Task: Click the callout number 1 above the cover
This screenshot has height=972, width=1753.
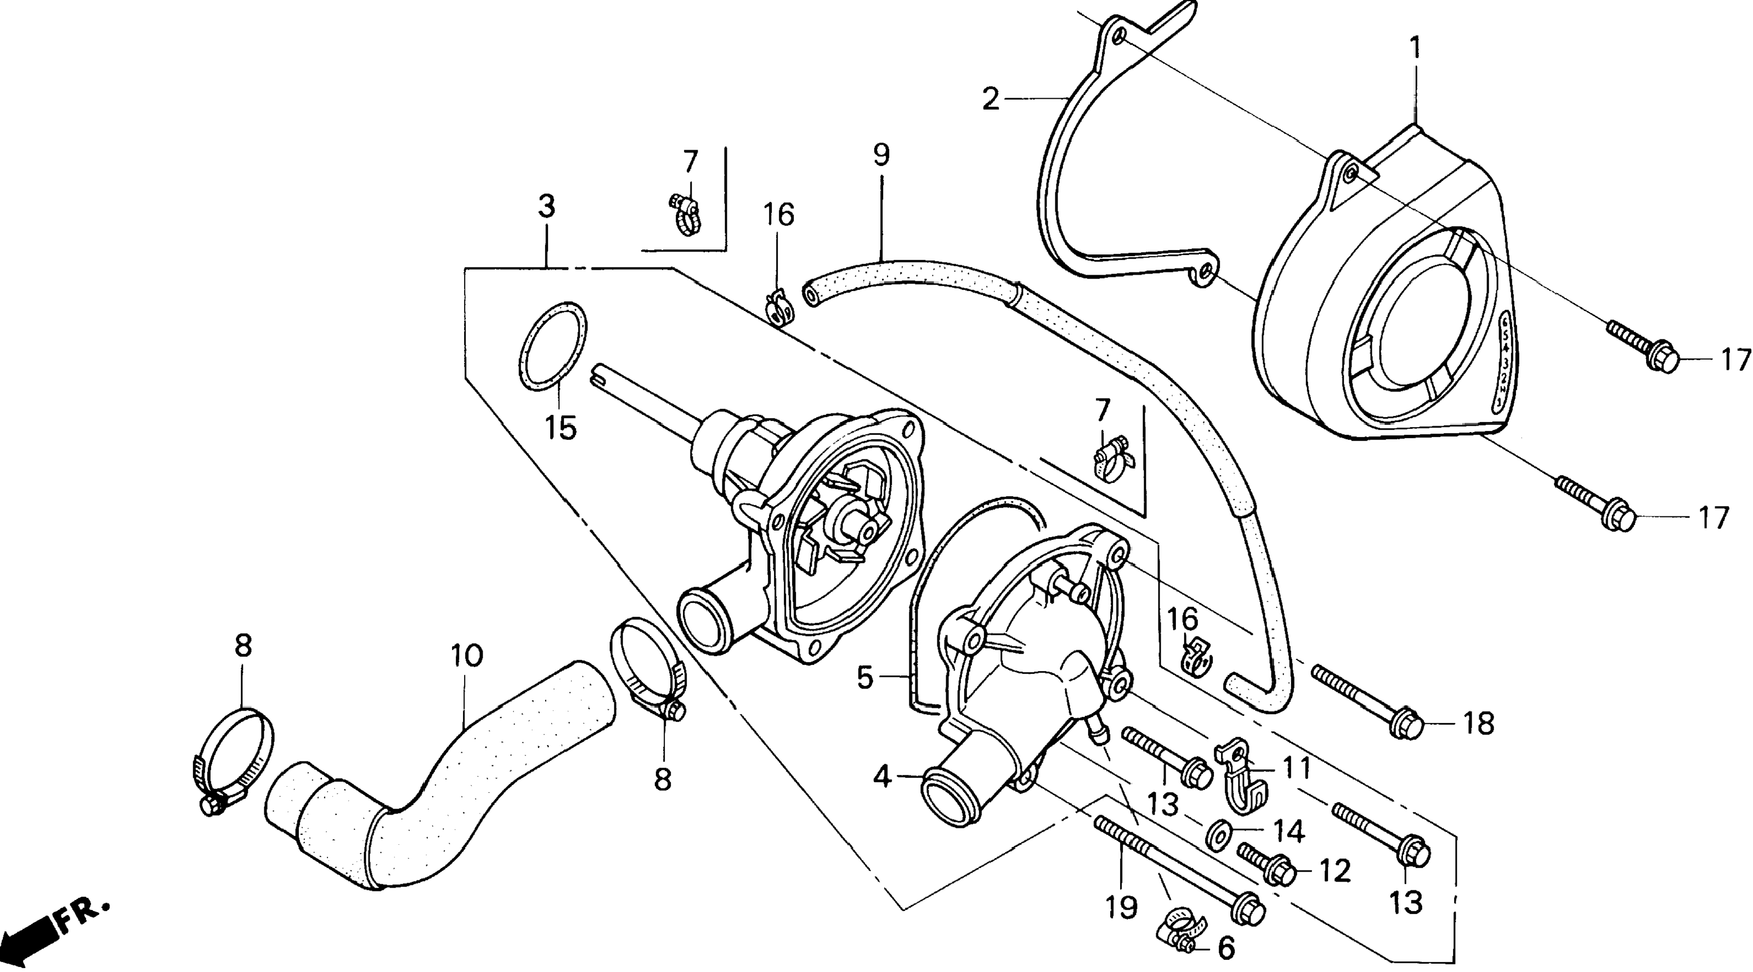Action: point(1416,48)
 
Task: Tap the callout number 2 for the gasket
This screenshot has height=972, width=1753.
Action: point(991,100)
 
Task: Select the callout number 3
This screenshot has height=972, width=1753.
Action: point(546,206)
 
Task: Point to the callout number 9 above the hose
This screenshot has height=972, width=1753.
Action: point(881,155)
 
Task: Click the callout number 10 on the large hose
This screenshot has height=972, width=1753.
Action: point(467,656)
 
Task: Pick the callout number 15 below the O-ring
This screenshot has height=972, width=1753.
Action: point(561,429)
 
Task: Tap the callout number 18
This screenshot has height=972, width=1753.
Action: point(1478,724)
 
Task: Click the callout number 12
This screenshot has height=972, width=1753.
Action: point(1334,871)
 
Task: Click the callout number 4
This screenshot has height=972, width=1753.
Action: point(883,777)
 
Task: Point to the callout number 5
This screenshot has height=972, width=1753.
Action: point(864,678)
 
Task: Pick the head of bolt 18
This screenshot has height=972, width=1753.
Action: point(1406,724)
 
